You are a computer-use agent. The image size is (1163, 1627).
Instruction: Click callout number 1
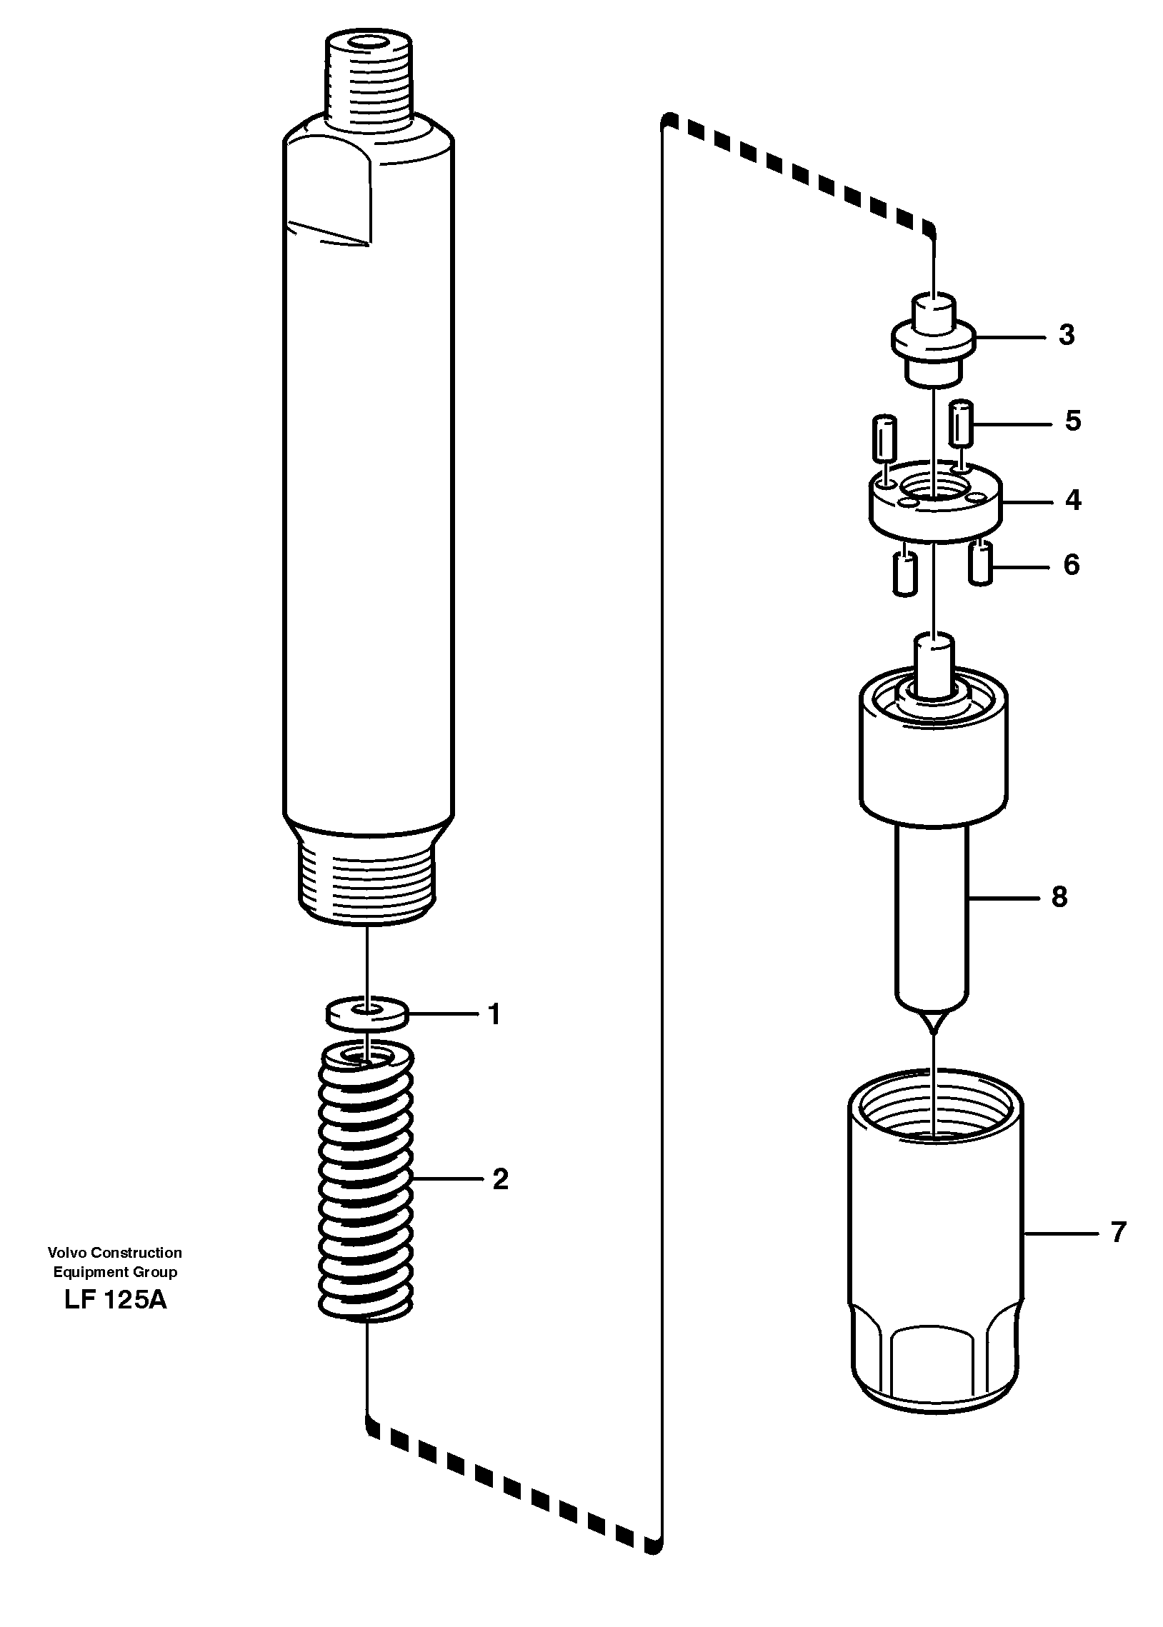point(494,1014)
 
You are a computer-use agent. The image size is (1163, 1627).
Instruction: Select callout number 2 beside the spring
point(501,1179)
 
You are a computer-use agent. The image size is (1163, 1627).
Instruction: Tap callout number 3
point(1067,335)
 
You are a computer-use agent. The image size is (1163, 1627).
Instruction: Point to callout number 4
point(1073,501)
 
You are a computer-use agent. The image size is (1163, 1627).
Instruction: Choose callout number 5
point(1073,421)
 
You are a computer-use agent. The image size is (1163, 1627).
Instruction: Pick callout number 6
point(1072,565)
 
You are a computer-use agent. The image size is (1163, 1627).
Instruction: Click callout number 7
point(1118,1232)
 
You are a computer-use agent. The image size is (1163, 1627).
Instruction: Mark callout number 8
point(1059,896)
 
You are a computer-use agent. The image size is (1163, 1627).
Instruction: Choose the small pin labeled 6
point(980,563)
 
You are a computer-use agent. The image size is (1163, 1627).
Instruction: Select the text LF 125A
point(115,1299)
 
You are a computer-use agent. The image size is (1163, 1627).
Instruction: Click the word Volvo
point(66,1253)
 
